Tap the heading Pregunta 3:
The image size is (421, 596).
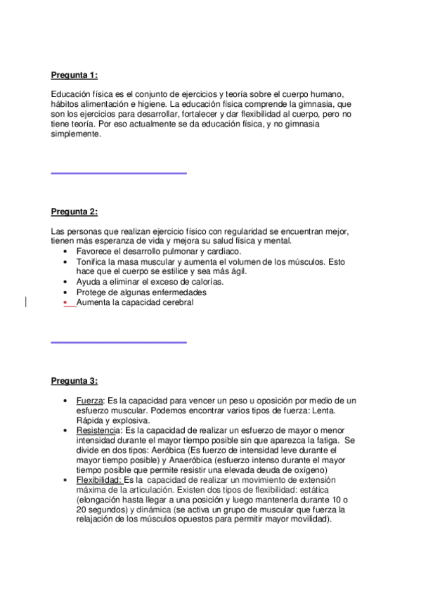click(74, 381)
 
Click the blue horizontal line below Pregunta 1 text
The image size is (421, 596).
click(119, 172)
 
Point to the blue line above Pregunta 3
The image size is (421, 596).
click(119, 342)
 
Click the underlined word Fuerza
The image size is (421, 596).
click(89, 400)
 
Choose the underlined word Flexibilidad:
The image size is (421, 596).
click(99, 479)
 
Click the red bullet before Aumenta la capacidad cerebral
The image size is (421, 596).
click(65, 302)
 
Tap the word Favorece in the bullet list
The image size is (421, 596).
click(95, 251)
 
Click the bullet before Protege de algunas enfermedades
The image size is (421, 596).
click(65, 292)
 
